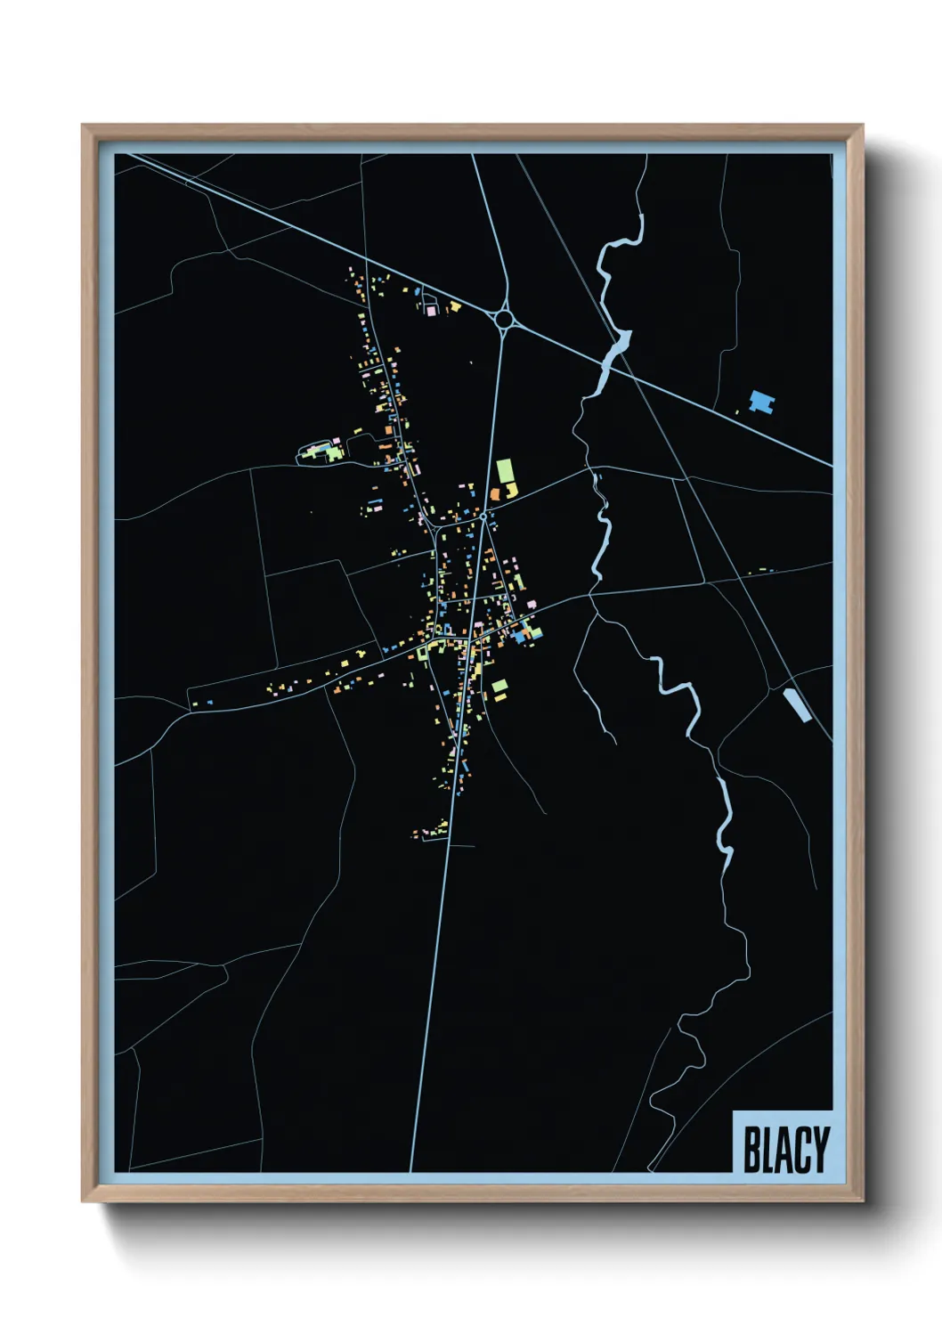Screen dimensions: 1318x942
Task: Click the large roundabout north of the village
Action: (x=504, y=318)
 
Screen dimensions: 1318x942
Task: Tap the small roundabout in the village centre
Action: (x=483, y=516)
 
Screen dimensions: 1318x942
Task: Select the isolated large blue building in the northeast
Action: (x=761, y=402)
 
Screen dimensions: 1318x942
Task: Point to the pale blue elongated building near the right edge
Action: (x=796, y=704)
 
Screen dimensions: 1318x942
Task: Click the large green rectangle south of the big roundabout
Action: (x=505, y=470)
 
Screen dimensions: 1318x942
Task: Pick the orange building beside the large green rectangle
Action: (x=495, y=492)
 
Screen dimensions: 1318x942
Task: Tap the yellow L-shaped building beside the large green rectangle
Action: (x=512, y=489)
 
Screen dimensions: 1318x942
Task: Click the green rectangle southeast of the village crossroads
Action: (x=499, y=686)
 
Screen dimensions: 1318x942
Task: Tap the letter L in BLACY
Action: (x=768, y=1151)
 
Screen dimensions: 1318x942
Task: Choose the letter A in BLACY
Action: (x=784, y=1151)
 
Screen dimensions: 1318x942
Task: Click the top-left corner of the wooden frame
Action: (x=83, y=126)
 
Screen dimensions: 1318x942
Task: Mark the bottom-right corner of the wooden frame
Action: (x=862, y=1200)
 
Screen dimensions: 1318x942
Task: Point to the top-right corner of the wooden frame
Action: (x=862, y=126)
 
